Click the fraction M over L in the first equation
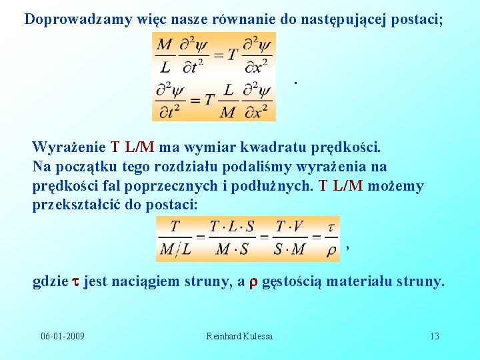(x=165, y=56)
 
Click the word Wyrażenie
(x=69, y=147)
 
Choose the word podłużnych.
(x=277, y=185)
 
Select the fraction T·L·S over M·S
(x=231, y=238)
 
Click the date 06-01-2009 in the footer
(x=63, y=336)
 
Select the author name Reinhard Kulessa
(x=239, y=336)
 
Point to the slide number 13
(x=434, y=336)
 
